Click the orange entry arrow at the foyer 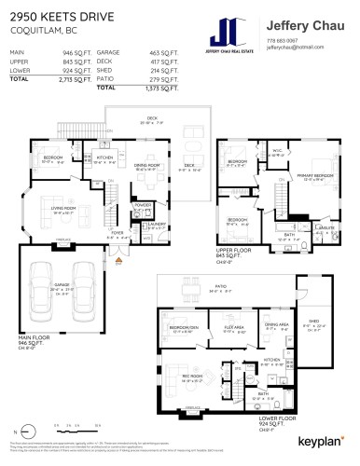pyautogui.click(x=118, y=263)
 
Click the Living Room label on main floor pyautogui.click(x=62, y=210)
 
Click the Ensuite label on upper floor pyautogui.click(x=326, y=226)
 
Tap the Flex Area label pyautogui.click(x=233, y=328)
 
